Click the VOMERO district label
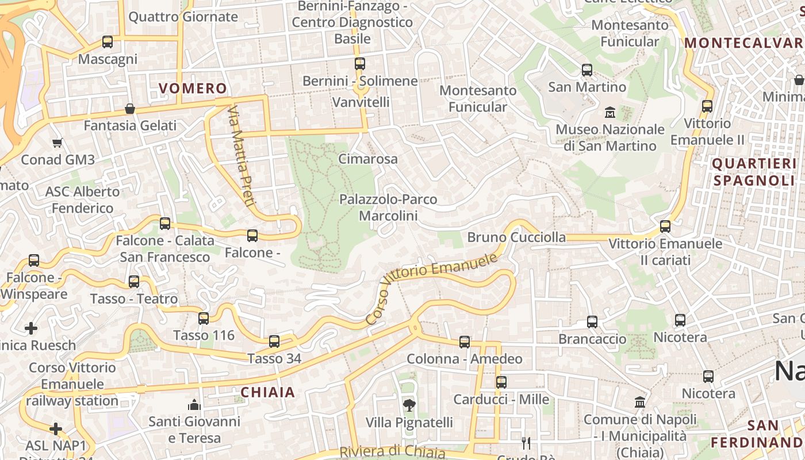pyautogui.click(x=193, y=88)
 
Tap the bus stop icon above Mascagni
pyautogui.click(x=108, y=42)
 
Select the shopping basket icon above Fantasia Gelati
pyautogui.click(x=130, y=109)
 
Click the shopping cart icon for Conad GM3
pyautogui.click(x=57, y=143)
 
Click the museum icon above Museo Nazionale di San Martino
pyautogui.click(x=609, y=112)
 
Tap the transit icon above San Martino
pyautogui.click(x=587, y=70)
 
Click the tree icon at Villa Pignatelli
pyautogui.click(x=409, y=405)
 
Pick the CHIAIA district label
pyautogui.click(x=267, y=392)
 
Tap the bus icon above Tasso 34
pyautogui.click(x=274, y=342)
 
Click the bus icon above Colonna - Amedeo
pyautogui.click(x=465, y=342)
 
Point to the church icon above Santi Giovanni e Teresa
pyautogui.click(x=194, y=405)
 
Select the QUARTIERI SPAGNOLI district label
pyautogui.click(x=753, y=172)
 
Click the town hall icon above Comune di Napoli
pyautogui.click(x=640, y=402)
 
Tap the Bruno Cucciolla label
pyautogui.click(x=516, y=237)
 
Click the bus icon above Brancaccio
pyautogui.click(x=592, y=322)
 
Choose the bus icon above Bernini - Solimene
pyautogui.click(x=360, y=64)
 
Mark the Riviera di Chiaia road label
pyautogui.click(x=392, y=452)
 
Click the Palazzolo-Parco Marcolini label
pyautogui.click(x=388, y=208)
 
